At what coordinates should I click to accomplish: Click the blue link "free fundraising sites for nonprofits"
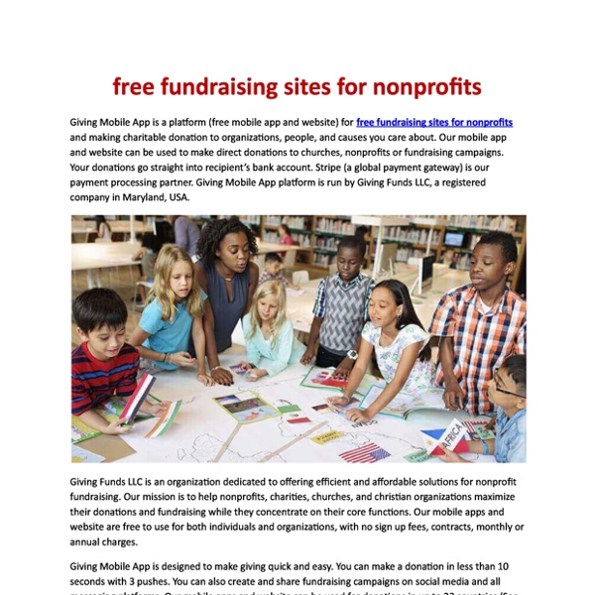tap(434, 121)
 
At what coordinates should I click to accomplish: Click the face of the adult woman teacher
tap(226, 248)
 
